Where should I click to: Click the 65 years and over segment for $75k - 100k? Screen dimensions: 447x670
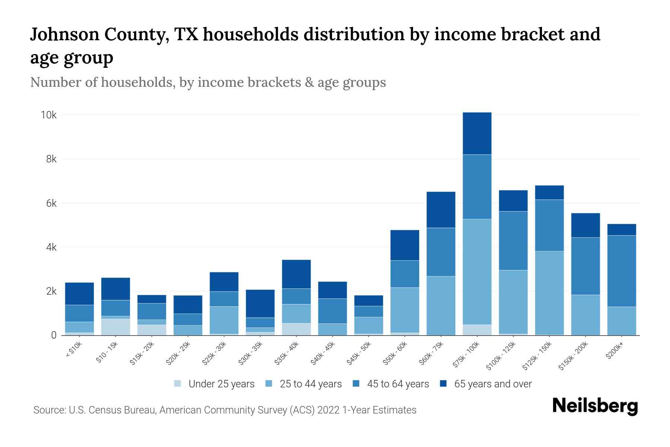coord(477,133)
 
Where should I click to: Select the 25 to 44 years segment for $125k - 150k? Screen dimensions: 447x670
coord(549,293)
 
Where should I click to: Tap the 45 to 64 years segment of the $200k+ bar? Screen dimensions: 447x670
coord(621,271)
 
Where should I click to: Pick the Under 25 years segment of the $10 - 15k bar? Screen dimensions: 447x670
coord(115,327)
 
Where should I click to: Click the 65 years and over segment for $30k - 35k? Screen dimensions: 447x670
coord(260,304)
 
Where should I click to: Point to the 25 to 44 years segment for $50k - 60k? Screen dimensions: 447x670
coord(405,310)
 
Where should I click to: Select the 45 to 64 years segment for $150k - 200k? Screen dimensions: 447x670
coord(585,266)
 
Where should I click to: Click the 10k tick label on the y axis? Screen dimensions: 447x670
coord(48,115)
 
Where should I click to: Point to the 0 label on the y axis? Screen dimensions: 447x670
coord(54,335)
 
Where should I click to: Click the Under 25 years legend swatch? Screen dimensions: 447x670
coord(178,383)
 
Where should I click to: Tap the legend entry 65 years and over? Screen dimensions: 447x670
coord(493,384)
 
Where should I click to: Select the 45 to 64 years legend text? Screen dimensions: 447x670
coord(398,384)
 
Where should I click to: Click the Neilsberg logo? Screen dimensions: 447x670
coord(595,406)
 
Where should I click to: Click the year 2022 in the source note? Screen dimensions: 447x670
coord(328,410)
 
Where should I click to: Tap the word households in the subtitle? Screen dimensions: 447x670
coord(137,82)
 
